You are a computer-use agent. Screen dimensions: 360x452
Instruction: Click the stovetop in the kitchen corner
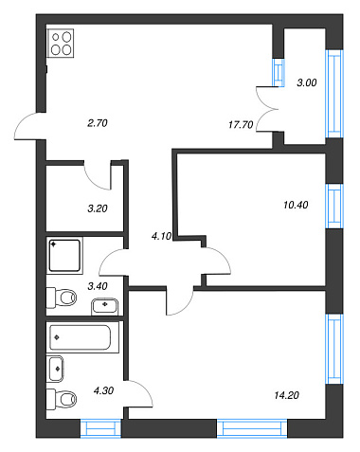tap(61, 44)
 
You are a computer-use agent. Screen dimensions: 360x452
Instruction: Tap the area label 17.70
tap(241, 125)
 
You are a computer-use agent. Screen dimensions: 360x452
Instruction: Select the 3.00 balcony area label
tap(307, 82)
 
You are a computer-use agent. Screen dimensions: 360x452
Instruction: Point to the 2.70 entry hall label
tap(98, 123)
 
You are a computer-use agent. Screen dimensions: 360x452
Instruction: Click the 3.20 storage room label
tap(98, 208)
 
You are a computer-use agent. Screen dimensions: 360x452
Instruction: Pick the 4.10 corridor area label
tap(161, 236)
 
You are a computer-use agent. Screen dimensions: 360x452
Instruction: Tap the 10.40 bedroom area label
tap(296, 205)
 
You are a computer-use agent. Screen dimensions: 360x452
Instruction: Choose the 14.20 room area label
tap(287, 395)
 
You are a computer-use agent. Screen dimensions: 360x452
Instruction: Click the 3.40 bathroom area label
tap(98, 286)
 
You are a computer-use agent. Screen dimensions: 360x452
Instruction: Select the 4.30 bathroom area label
tap(103, 390)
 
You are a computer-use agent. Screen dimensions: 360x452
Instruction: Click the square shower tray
tap(64, 256)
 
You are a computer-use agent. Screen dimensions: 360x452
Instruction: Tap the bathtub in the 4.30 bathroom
tap(82, 337)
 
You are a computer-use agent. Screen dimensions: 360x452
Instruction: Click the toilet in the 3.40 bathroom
tap(62, 298)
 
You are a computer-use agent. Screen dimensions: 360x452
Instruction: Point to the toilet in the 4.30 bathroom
tap(62, 399)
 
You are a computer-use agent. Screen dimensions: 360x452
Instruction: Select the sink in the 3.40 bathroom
tap(105, 306)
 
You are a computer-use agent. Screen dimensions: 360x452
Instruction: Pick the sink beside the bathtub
tap(55, 369)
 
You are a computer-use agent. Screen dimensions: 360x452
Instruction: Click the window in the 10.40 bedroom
tap(334, 206)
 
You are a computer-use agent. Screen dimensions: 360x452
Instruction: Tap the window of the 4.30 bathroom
tap(100, 428)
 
